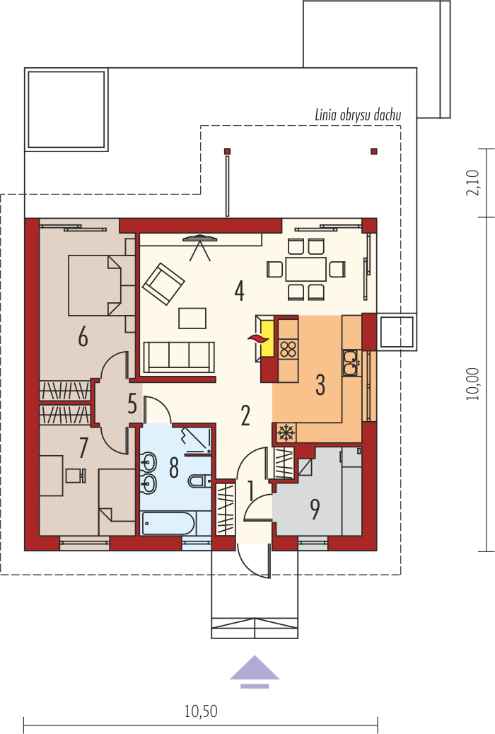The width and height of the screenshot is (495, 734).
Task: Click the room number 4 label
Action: [x=239, y=291]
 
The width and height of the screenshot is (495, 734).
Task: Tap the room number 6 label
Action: [x=83, y=337]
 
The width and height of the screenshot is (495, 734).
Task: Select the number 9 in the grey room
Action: [x=315, y=510]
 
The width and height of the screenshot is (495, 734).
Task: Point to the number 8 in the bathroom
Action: [x=173, y=468]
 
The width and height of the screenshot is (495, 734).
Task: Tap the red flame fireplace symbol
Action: [x=256, y=338]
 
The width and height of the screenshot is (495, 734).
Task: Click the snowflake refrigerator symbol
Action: [x=284, y=432]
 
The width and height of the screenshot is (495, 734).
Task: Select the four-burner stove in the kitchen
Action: [x=289, y=349]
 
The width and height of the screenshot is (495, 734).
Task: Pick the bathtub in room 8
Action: [x=168, y=523]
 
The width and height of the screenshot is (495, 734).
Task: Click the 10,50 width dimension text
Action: [x=201, y=711]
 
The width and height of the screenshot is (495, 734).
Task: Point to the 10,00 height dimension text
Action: [x=473, y=384]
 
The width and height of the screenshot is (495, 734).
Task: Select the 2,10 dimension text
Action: [x=473, y=183]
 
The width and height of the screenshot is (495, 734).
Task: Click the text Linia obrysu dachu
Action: [x=358, y=115]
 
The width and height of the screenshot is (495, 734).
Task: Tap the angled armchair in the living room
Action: [x=163, y=284]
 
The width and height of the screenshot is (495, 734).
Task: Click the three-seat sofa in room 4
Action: [x=179, y=357]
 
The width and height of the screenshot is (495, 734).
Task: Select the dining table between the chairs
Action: [x=306, y=269]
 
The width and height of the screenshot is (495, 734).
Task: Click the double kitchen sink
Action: [x=351, y=363]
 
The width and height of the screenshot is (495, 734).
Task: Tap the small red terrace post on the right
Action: [x=374, y=151]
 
